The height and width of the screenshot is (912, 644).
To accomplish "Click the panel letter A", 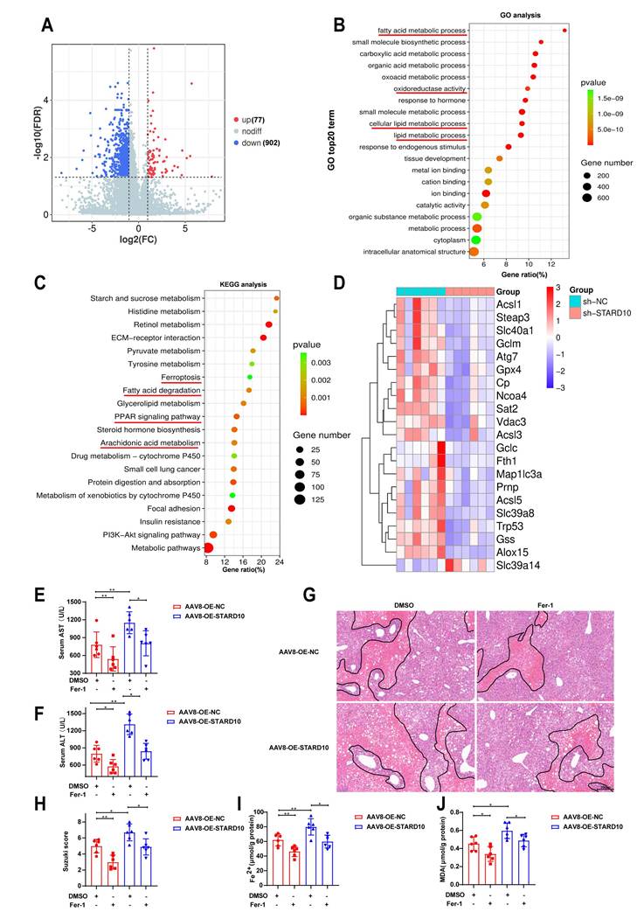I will [47, 25].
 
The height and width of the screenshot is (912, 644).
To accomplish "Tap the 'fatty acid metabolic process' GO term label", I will [422, 31].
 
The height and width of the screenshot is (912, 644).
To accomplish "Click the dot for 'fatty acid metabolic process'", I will [565, 31].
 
